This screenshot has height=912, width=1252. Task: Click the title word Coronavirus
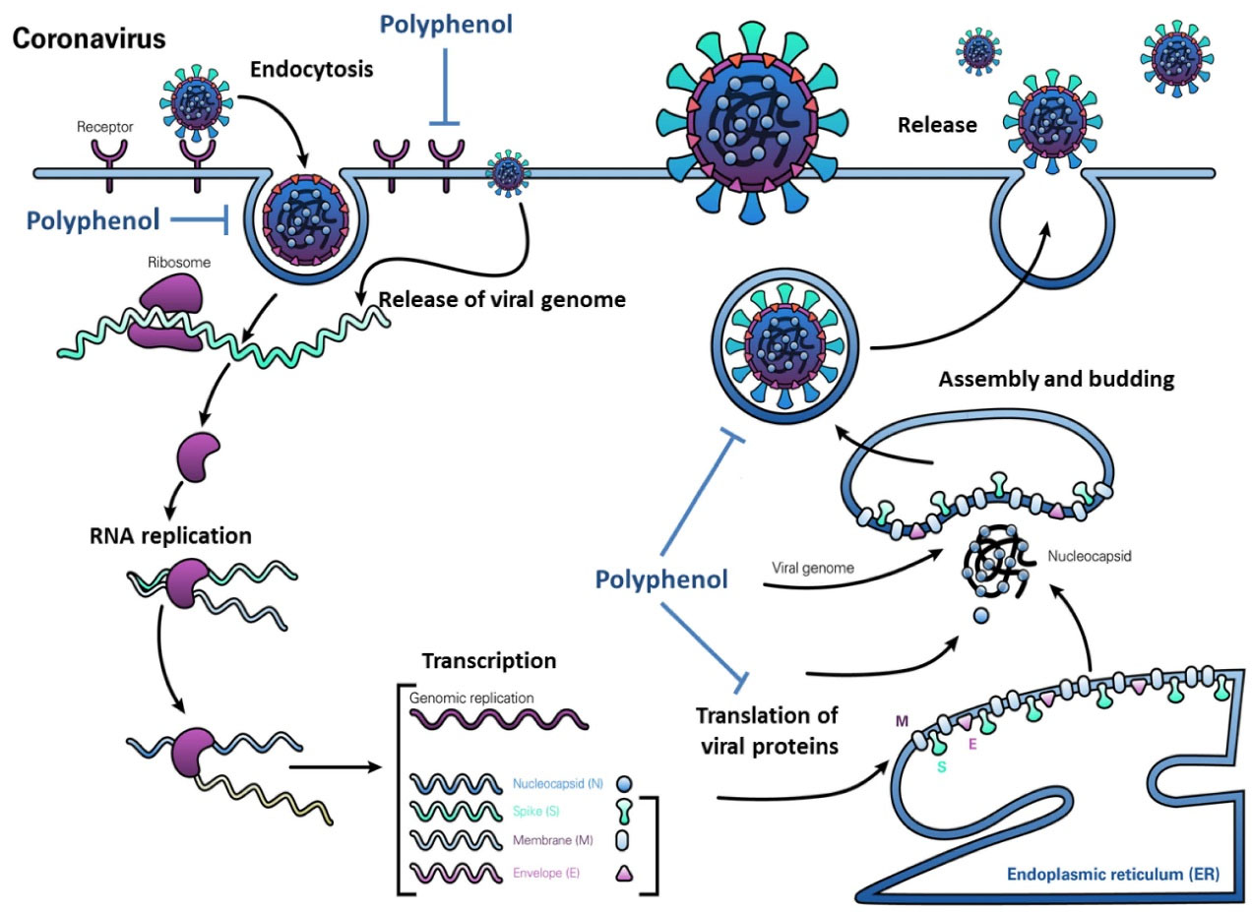tap(89, 39)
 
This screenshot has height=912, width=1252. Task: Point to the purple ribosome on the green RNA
tap(165, 310)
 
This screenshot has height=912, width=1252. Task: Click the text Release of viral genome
tap(502, 300)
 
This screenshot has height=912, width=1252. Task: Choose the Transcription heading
tap(489, 661)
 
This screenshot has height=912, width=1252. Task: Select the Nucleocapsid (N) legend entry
tap(558, 784)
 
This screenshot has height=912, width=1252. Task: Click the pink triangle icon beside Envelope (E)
tap(622, 873)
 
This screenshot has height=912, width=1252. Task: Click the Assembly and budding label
tap(1056, 380)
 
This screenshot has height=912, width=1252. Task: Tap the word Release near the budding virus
tap(937, 125)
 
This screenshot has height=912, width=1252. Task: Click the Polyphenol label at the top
tap(450, 25)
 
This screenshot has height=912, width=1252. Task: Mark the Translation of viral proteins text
tap(768, 730)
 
